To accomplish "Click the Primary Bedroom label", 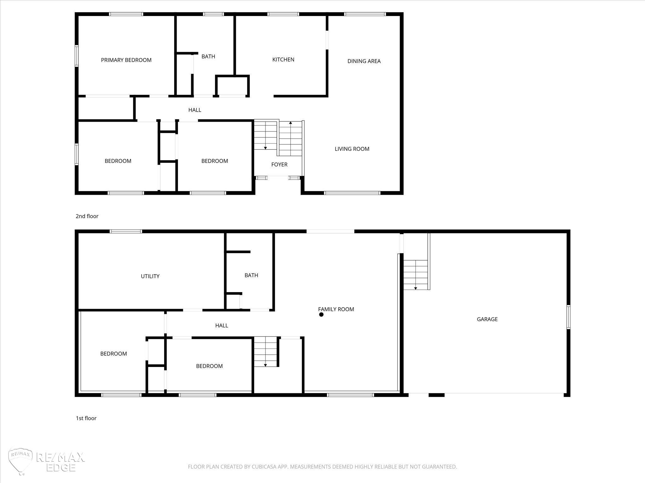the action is [x=126, y=60].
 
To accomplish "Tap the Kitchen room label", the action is [x=283, y=59].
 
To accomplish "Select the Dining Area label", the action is [x=364, y=61].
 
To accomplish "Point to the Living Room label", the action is [x=352, y=149].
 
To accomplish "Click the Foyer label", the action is [x=279, y=164].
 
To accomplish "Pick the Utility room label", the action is [x=150, y=276].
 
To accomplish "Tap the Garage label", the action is [x=487, y=319].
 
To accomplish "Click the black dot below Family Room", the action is [x=321, y=314].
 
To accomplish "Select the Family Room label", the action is [x=336, y=309].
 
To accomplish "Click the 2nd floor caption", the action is [x=87, y=216].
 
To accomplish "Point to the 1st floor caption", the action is [x=86, y=418].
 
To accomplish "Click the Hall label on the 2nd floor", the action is [x=195, y=110].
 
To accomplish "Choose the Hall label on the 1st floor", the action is [x=222, y=325].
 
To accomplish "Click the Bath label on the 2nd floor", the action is [x=208, y=56].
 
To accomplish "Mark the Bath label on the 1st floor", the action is [x=251, y=275].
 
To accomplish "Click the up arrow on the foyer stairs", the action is [x=290, y=123].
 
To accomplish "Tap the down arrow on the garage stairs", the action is [x=416, y=288].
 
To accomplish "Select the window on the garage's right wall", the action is [x=568, y=317].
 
